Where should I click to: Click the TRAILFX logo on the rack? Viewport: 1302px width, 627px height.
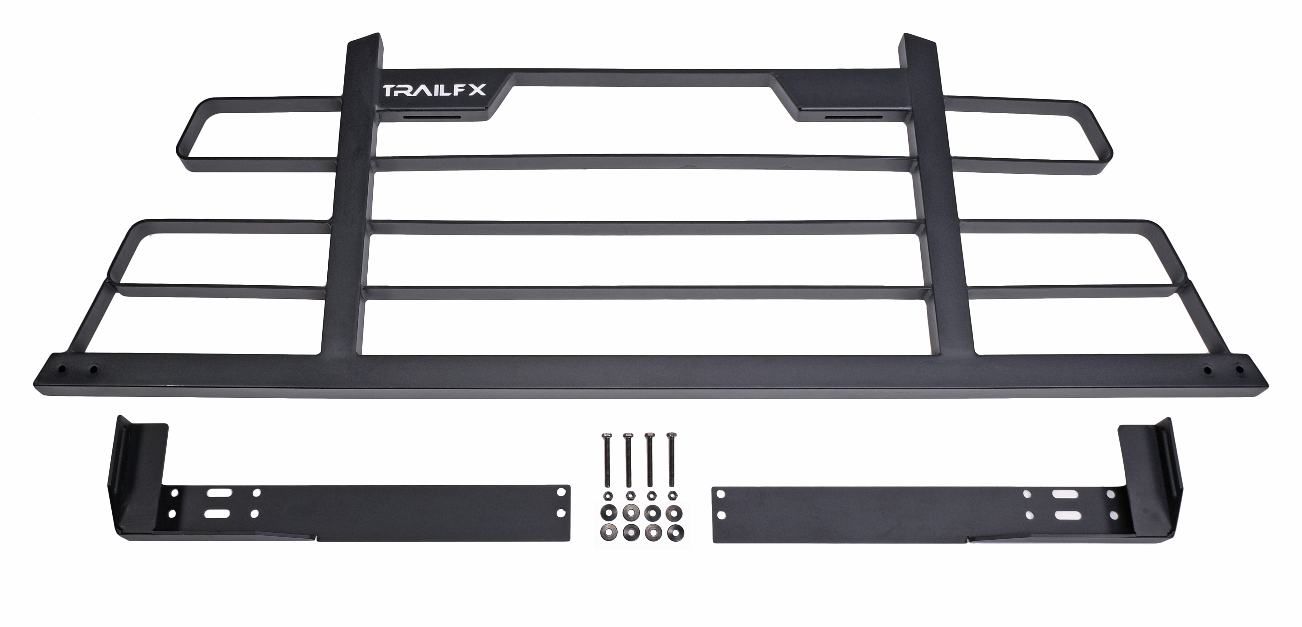(435, 91)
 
